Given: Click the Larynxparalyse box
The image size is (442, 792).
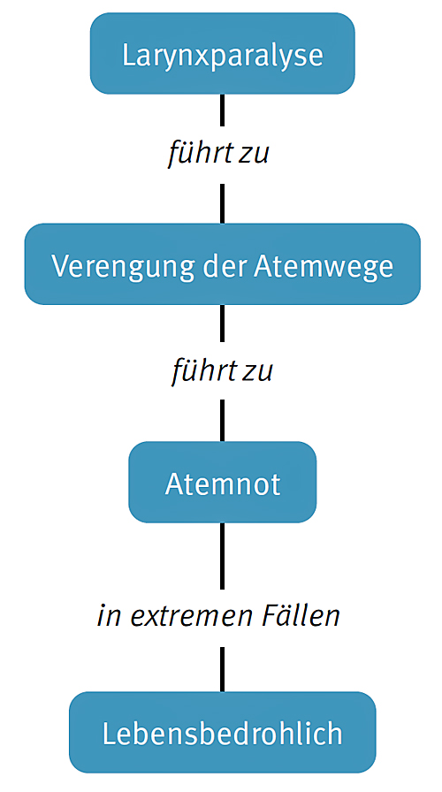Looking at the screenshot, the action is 222,54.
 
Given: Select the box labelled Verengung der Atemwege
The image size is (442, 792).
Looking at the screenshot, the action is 222,264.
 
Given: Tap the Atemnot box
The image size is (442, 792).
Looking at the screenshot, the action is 222,483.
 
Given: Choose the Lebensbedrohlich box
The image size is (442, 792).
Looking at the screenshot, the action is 222,733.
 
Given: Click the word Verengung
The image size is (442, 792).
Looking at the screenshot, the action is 123,267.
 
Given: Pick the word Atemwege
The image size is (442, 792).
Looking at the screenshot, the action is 324,267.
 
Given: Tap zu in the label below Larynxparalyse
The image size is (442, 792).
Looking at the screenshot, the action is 254,155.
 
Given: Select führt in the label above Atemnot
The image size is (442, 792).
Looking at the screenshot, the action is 204,370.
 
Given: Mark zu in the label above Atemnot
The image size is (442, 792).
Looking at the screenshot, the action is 257,373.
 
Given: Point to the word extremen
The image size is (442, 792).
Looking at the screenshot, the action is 193,617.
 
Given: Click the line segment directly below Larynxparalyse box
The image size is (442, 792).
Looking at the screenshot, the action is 222,110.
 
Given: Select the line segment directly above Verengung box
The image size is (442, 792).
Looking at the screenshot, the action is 222,203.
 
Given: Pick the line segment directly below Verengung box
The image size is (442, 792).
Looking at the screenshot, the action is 222,324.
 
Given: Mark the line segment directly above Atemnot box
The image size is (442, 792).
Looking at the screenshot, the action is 222,420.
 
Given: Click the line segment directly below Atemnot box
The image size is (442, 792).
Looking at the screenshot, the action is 222,556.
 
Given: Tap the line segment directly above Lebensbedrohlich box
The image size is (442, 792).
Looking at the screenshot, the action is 222,669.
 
